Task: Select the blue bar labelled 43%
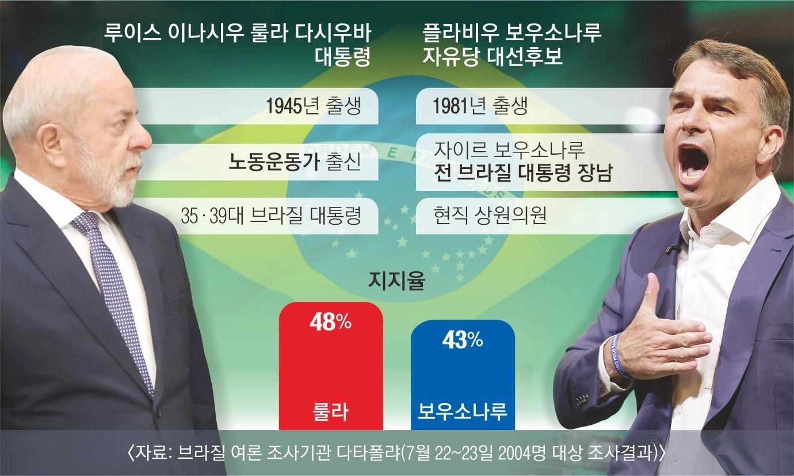(x=463, y=375)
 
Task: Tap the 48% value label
(x=331, y=323)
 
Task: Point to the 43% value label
(x=463, y=340)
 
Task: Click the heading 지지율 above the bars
(x=396, y=282)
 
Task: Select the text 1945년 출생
(x=314, y=106)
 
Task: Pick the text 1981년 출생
(x=480, y=106)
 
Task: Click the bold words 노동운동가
(x=274, y=162)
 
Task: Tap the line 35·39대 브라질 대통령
(x=271, y=216)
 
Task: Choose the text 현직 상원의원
(x=490, y=216)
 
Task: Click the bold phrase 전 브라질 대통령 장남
(x=523, y=173)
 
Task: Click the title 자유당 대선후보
(x=493, y=56)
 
